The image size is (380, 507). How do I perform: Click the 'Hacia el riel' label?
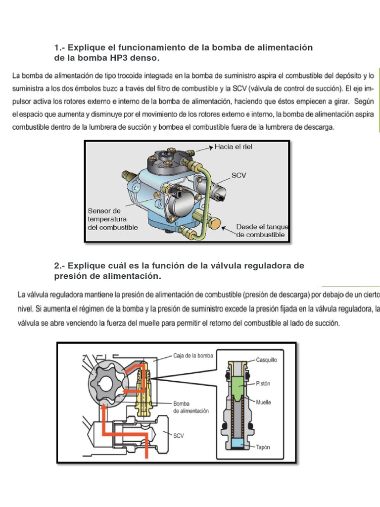233,147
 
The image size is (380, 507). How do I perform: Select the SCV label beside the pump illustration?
239,175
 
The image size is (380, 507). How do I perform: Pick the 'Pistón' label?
264,383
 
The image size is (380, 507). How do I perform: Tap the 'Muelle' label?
263,402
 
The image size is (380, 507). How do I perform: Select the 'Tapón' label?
263,447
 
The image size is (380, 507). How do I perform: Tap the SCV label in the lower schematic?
179,436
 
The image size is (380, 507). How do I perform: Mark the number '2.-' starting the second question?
59,266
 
